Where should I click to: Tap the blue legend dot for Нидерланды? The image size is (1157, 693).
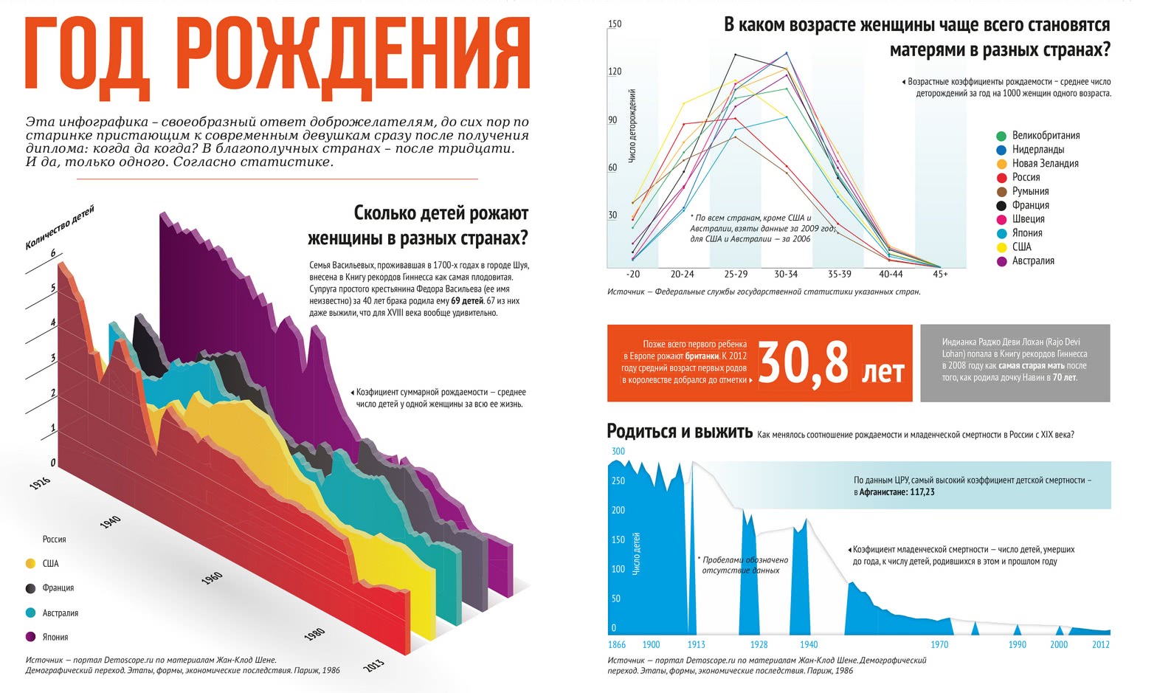pos(1001,150)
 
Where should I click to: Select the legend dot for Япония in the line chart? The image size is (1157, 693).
pos(1001,233)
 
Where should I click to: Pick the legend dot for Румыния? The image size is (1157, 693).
pos(1001,192)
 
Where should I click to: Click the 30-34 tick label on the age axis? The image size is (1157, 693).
pos(786,275)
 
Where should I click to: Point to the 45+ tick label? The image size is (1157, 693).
pos(940,275)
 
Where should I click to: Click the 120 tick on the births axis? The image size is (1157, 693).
pos(615,72)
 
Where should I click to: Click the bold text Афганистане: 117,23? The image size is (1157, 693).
pos(897,492)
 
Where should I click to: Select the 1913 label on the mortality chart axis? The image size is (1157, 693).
pos(696,644)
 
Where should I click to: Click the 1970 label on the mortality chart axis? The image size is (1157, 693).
pos(939,644)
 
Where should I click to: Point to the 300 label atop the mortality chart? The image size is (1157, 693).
pos(618,452)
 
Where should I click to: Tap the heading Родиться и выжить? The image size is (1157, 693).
pos(679,432)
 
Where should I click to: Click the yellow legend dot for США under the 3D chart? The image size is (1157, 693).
pos(30,564)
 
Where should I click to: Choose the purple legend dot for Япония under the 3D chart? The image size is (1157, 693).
pos(30,637)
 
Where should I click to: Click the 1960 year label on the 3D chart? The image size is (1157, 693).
pos(212,578)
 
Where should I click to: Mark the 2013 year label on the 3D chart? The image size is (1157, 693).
pos(374,664)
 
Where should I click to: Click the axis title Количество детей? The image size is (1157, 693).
pos(60,228)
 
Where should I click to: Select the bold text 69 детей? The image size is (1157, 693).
pos(466,301)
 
